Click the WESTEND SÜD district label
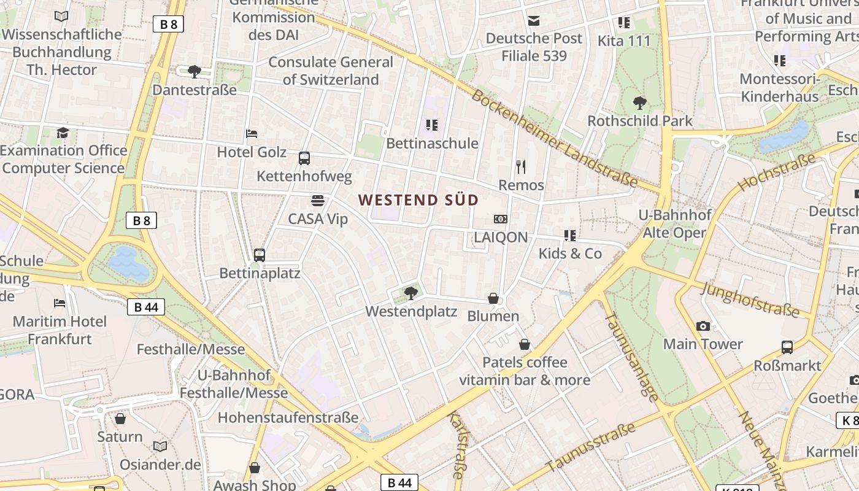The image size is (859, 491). [418, 200]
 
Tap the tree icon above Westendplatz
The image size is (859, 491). [411, 293]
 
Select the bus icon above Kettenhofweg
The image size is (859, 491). [304, 158]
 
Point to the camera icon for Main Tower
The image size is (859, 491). [703, 326]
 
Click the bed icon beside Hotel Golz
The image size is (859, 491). [251, 133]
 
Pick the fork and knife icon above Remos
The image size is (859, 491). [521, 166]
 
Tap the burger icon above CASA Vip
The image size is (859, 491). [317, 201]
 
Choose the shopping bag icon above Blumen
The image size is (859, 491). [493, 298]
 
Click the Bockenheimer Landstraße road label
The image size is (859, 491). [555, 139]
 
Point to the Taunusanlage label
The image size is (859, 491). [631, 357]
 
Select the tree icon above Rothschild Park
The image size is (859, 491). [639, 102]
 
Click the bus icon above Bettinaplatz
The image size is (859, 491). [260, 255]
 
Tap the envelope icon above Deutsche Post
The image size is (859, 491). [534, 20]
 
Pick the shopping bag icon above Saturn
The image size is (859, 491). [120, 419]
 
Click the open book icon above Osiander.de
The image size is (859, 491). [160, 446]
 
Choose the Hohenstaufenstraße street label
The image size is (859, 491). [288, 418]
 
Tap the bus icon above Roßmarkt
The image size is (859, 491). [787, 347]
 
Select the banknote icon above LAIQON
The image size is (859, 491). [501, 219]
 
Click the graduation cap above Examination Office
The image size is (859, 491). [63, 133]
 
